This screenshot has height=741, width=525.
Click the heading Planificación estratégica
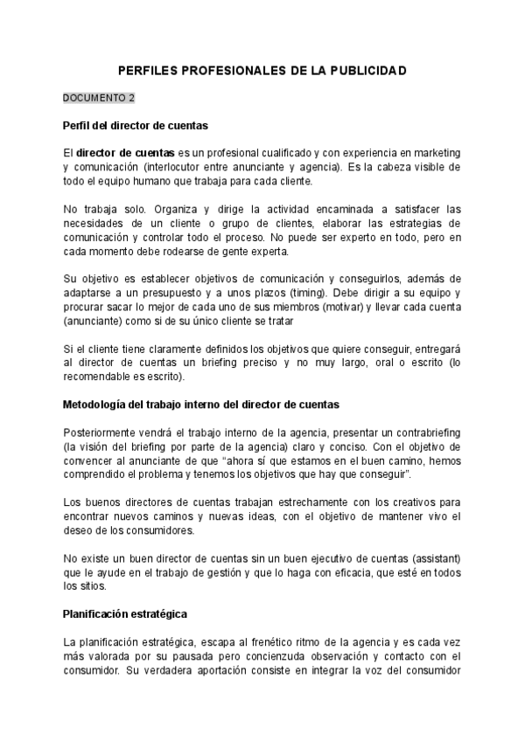126,614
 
